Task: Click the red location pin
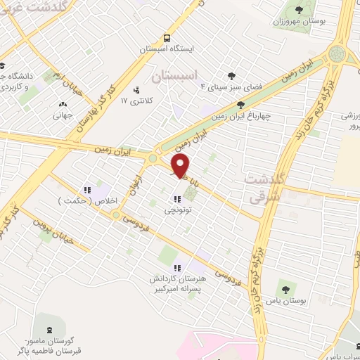tap(181, 167)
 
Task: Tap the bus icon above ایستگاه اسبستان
tap(167, 38)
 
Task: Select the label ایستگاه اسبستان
tap(167, 49)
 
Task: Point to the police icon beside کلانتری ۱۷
tap(136, 90)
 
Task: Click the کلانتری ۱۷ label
tap(135, 101)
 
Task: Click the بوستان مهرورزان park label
tap(300, 21)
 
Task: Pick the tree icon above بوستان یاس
tap(285, 288)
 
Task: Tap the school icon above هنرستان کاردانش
tap(177, 267)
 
